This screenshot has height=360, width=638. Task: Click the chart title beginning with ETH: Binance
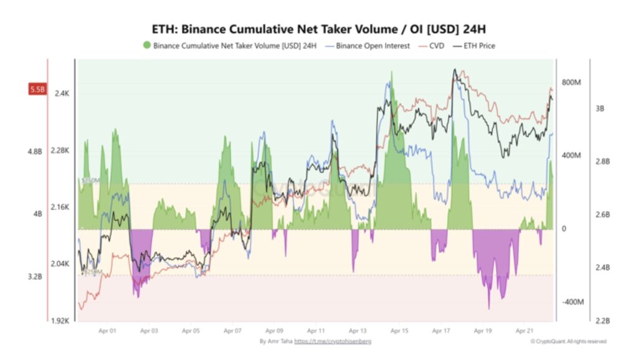[318, 29]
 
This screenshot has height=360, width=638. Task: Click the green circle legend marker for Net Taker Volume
[146, 45]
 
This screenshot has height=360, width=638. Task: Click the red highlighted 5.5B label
[37, 90]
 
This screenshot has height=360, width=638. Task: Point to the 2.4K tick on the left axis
[62, 93]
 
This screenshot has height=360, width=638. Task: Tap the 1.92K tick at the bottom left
[60, 321]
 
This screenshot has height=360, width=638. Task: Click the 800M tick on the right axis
[571, 82]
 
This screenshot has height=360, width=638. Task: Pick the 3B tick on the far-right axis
[599, 108]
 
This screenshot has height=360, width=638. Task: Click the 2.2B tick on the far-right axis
[601, 321]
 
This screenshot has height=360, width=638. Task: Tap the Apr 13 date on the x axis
[358, 332]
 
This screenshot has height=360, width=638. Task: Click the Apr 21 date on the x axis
[525, 332]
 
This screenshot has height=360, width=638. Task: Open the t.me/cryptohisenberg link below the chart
[333, 341]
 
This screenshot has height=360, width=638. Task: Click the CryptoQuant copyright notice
[568, 341]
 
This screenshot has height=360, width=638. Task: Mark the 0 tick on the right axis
[563, 229]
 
